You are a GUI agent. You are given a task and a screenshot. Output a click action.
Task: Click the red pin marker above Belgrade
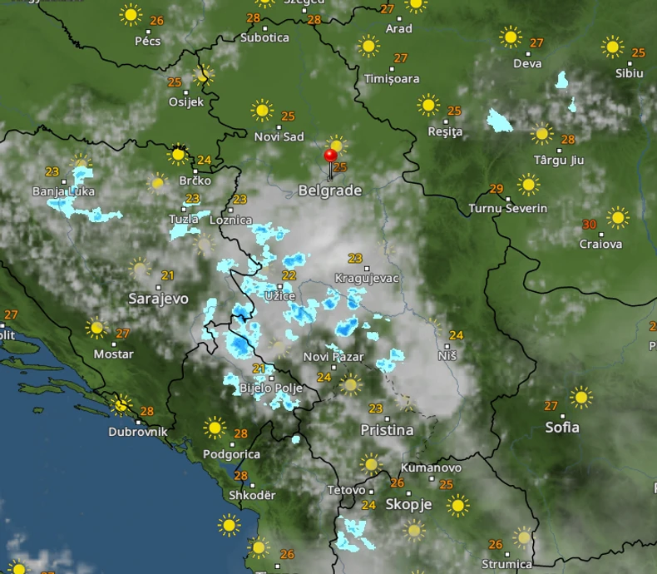pyautogui.click(x=330, y=156)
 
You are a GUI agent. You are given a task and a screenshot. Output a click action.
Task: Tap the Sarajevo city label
pyautogui.click(x=158, y=298)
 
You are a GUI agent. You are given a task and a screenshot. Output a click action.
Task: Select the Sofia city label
pyautogui.click(x=562, y=428)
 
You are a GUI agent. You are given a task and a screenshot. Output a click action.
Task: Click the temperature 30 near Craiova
pyautogui.click(x=589, y=225)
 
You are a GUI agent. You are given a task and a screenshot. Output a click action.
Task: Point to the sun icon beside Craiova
pyautogui.click(x=617, y=218)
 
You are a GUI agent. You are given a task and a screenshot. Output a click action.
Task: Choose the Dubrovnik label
pyautogui.click(x=138, y=432)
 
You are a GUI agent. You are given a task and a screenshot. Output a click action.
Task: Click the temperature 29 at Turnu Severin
pyautogui.click(x=496, y=189)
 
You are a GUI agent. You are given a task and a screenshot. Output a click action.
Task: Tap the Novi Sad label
pyautogui.click(x=279, y=136)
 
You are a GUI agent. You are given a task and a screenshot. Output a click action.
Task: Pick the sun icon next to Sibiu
pyautogui.click(x=613, y=47)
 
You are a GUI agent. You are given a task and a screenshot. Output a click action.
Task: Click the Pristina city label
pyautogui.click(x=387, y=430)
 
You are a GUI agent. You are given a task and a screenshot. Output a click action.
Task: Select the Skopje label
pyautogui.click(x=408, y=504)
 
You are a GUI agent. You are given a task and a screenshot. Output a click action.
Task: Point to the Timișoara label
pyautogui.click(x=392, y=79)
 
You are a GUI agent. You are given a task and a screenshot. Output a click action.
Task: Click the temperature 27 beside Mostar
pyautogui.click(x=122, y=334)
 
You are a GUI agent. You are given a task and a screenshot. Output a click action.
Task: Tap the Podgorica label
pyautogui.click(x=232, y=454)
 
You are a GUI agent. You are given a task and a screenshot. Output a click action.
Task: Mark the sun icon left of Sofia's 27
pyautogui.click(x=581, y=397)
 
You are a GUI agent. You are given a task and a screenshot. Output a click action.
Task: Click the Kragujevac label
pyautogui.click(x=367, y=278)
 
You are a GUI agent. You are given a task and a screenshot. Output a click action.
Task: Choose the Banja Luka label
pyautogui.click(x=63, y=191)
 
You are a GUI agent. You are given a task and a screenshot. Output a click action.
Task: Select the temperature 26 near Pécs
pyautogui.click(x=157, y=21)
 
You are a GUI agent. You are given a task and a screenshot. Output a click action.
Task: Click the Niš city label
pyautogui.click(x=447, y=355)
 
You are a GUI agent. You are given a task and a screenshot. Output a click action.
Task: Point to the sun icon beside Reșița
pyautogui.click(x=428, y=105)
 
